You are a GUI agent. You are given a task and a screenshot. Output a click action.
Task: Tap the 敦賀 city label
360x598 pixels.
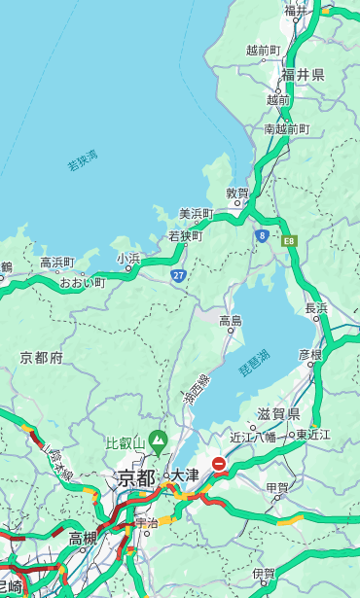tap(238, 193)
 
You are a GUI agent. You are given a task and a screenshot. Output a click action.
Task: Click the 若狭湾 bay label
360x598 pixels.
tap(83, 160)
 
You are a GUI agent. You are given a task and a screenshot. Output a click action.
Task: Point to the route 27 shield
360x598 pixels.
tap(179, 276)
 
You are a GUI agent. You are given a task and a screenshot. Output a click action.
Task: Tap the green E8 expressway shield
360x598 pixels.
tap(289, 240)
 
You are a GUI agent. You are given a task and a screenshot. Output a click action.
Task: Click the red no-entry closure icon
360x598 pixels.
tap(220, 465)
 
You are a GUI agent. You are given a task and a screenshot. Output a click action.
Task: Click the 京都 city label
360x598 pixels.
tap(136, 477)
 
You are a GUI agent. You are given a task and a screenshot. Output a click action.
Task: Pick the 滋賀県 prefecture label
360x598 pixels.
tap(278, 414)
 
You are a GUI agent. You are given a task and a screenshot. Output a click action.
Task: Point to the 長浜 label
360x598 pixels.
tap(316, 308)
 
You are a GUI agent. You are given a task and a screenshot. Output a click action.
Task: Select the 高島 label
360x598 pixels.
tap(231, 321)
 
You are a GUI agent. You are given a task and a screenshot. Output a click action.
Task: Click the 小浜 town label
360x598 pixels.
tap(128, 258)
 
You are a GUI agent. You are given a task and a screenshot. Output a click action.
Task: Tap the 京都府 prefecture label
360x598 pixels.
tap(42, 358)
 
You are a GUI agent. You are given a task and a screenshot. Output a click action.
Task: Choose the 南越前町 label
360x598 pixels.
tap(286, 128)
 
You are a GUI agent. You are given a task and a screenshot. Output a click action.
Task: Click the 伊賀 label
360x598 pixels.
tap(263, 574)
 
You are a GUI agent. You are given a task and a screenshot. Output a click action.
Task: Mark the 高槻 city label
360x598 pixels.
tap(83, 537)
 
